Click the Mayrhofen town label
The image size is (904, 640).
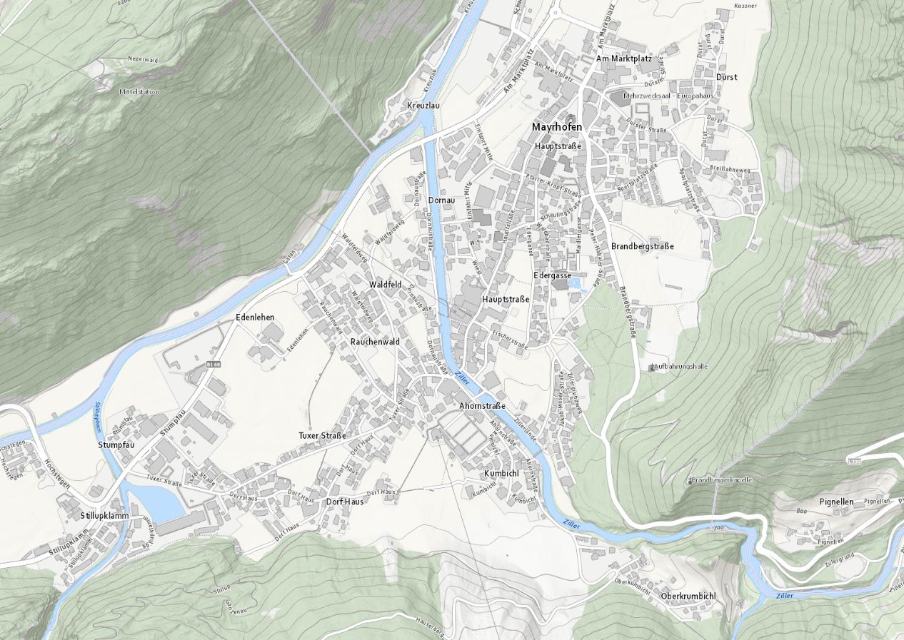point(557,127)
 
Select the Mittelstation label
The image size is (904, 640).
point(139,92)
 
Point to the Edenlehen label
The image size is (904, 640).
point(255,317)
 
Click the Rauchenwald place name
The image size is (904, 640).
point(375,342)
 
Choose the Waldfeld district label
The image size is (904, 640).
point(386,284)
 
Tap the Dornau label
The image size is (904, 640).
point(441,200)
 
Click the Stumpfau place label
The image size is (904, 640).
point(116,445)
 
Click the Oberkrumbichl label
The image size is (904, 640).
point(688,596)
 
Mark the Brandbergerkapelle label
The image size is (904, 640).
point(722,480)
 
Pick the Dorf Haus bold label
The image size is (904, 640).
point(345,502)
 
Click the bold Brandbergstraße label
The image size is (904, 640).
point(643,246)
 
